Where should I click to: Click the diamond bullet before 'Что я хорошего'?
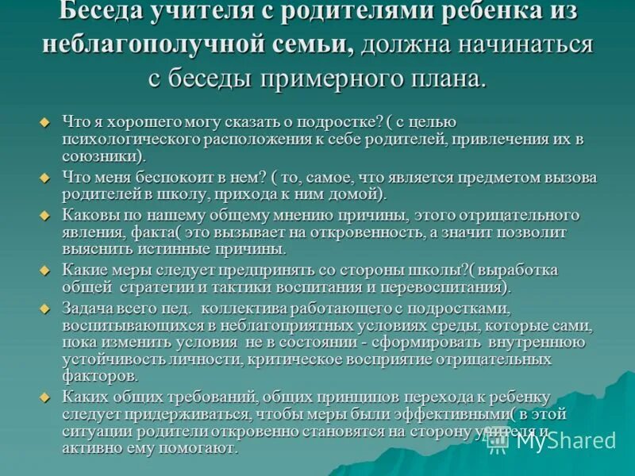pos(45,121)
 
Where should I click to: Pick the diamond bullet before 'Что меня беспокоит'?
pos(45,177)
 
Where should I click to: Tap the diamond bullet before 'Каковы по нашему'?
pos(45,216)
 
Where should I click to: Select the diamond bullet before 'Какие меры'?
pos(45,270)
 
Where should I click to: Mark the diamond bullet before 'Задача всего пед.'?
pos(45,308)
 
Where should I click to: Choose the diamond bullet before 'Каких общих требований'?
pos(45,397)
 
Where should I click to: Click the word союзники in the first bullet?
pos(102,156)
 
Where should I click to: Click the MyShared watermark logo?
pos(551,440)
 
